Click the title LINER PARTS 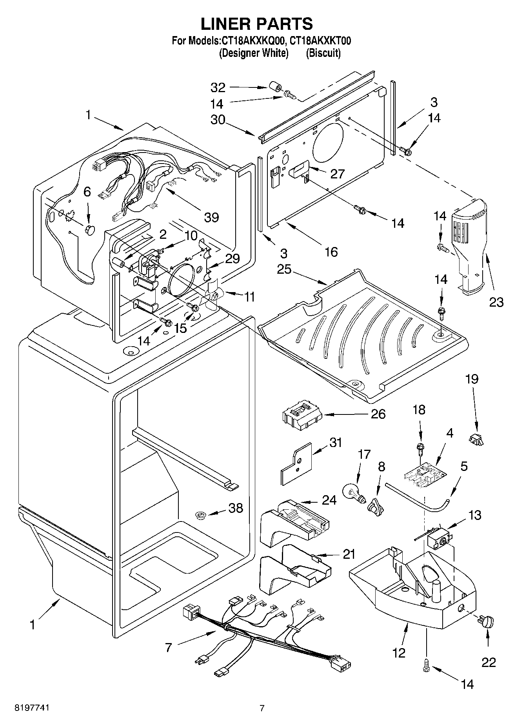click(257, 24)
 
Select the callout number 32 click(218, 87)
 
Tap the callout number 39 click(211, 217)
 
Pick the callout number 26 click(378, 414)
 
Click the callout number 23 click(496, 302)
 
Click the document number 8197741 click(32, 708)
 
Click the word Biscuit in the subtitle click(323, 53)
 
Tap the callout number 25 click(285, 270)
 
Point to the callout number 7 click(168, 648)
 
